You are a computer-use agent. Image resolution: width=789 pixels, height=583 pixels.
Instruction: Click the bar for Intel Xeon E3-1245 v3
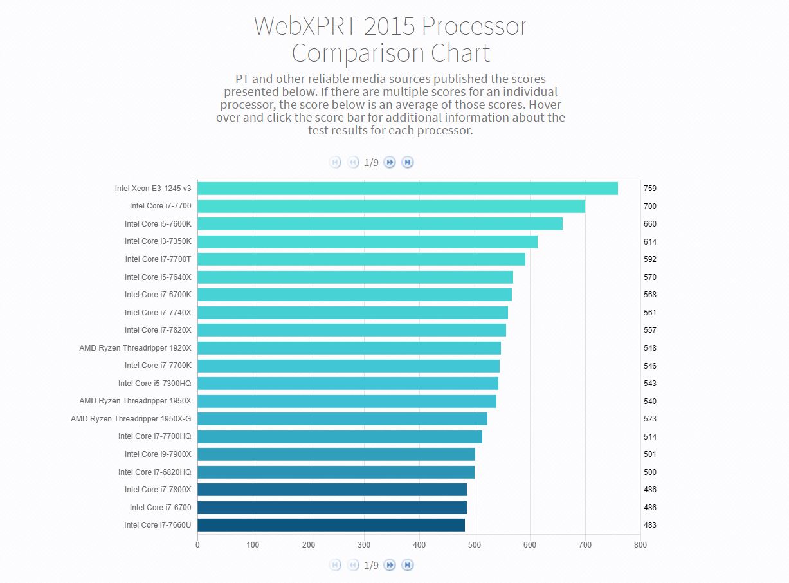[407, 189]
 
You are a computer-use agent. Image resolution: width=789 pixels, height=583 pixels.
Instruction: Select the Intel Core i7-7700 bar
[391, 207]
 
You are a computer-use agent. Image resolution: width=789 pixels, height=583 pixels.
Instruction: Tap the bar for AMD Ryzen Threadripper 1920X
[349, 348]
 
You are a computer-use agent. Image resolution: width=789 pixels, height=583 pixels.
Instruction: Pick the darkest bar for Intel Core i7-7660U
[331, 525]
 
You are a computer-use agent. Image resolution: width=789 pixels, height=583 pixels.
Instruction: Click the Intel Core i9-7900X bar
[336, 454]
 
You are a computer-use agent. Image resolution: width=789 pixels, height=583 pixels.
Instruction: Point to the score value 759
[649, 189]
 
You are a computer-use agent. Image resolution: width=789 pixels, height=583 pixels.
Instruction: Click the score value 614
[649, 242]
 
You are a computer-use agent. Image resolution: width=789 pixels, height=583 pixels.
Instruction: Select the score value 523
[649, 419]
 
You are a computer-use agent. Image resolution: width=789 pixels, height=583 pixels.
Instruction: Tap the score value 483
[649, 525]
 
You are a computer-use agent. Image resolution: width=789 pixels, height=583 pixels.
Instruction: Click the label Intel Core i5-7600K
[158, 224]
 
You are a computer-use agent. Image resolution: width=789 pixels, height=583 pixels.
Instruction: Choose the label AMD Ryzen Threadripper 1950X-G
[131, 419]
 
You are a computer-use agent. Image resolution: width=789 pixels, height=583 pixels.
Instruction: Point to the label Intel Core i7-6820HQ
[154, 472]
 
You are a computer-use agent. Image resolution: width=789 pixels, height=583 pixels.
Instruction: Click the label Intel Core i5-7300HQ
[154, 384]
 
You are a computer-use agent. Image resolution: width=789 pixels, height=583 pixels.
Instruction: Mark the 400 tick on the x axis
[419, 545]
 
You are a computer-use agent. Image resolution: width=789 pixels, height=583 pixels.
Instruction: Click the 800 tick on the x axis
[640, 545]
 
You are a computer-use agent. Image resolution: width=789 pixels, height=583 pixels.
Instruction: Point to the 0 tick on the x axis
[197, 545]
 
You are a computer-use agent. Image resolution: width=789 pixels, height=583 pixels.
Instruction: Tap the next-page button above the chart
[390, 162]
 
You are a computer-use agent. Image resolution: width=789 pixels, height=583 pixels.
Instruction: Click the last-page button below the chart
[407, 565]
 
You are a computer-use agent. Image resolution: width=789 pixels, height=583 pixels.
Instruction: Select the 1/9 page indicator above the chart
[371, 162]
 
